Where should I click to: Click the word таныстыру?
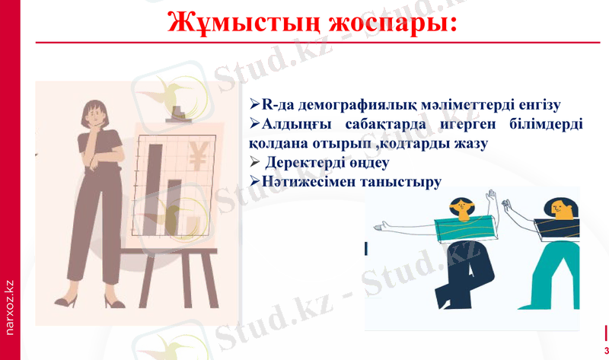click(402, 181)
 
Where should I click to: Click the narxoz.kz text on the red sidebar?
click(9, 308)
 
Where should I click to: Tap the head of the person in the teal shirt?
click(461, 206)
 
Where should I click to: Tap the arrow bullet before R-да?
click(255, 105)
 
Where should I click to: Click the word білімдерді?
click(545, 124)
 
